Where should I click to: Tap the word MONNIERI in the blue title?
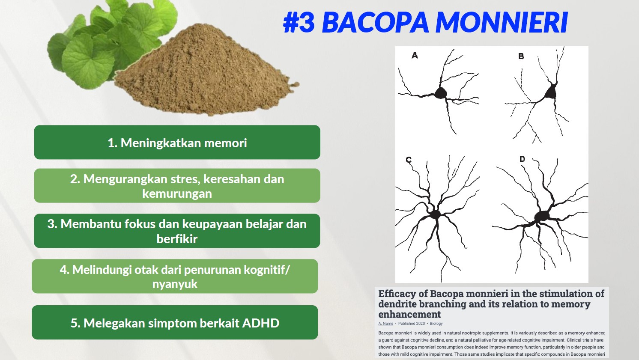[502, 22]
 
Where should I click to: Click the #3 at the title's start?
[299, 22]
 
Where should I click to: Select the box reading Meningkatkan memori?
[177, 142]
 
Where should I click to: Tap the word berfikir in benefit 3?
[177, 239]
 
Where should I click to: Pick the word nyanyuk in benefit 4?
[175, 284]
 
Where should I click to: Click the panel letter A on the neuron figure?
[415, 55]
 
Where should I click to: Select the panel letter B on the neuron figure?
[521, 56]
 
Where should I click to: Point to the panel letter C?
[409, 160]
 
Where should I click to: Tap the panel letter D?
[522, 159]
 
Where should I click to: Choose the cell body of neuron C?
[435, 214]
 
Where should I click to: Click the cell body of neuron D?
[542, 217]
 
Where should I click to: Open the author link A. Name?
[386, 324]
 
